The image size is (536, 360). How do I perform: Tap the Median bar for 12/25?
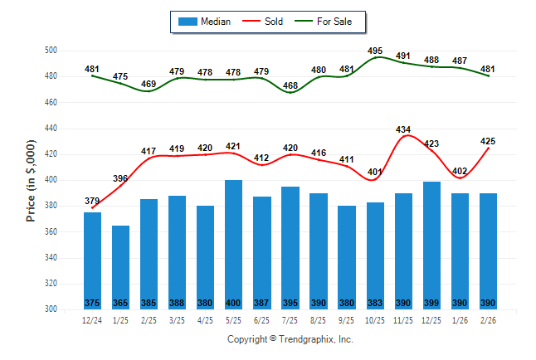(431, 241)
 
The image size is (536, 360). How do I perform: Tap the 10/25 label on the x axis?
(375, 321)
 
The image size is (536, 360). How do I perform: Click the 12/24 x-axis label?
(92, 321)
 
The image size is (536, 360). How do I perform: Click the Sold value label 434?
(404, 129)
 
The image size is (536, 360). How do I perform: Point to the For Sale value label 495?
(375, 51)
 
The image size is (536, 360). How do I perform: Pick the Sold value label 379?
(92, 201)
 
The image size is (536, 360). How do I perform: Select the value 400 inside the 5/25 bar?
(234, 303)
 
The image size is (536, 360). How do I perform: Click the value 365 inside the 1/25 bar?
(121, 303)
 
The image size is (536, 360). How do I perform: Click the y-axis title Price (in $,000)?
(31, 180)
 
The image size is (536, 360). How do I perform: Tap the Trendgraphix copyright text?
(290, 339)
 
